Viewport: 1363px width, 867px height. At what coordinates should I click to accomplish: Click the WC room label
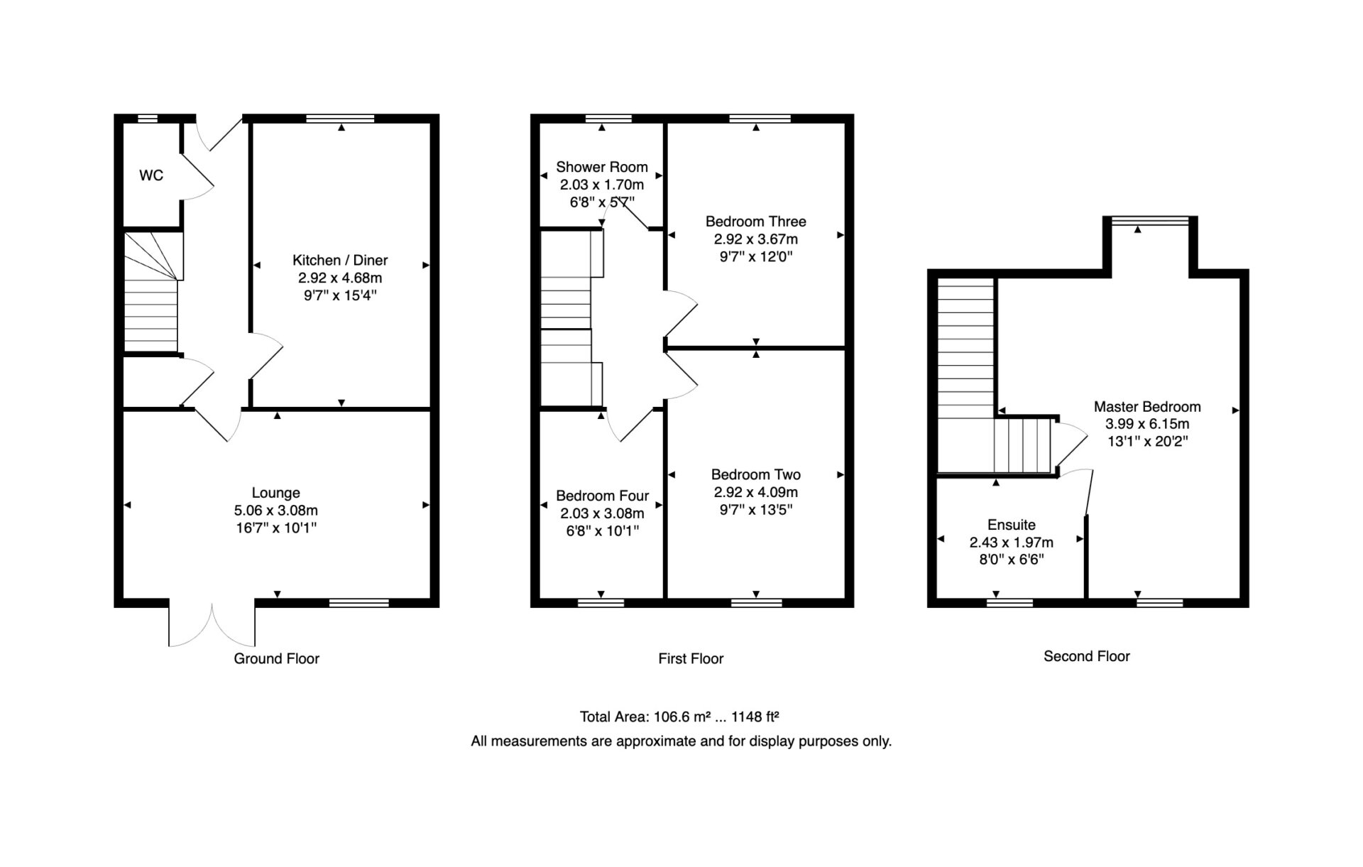click(x=151, y=175)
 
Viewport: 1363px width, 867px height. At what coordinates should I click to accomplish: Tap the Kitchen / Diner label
click(x=340, y=260)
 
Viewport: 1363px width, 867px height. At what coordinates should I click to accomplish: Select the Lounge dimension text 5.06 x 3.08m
click(x=276, y=510)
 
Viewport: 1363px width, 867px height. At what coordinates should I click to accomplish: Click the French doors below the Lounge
click(x=212, y=624)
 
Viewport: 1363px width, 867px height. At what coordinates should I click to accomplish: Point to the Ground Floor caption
click(x=277, y=658)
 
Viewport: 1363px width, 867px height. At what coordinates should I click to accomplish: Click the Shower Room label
click(x=602, y=167)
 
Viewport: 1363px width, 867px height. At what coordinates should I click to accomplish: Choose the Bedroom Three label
click(x=756, y=222)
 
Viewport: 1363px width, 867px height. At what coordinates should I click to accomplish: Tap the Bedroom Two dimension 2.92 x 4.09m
click(x=756, y=492)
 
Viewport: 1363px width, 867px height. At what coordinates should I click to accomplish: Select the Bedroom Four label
click(x=603, y=496)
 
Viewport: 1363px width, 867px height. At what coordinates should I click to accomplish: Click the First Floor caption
click(x=691, y=658)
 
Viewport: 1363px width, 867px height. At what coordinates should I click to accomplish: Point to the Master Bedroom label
click(x=1147, y=407)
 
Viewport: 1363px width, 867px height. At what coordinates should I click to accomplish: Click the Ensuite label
click(x=1012, y=525)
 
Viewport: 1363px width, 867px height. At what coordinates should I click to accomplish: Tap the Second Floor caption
click(x=1087, y=656)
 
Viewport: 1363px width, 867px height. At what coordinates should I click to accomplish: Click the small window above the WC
click(x=147, y=118)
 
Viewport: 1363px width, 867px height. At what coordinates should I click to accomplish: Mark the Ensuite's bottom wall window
click(x=1009, y=603)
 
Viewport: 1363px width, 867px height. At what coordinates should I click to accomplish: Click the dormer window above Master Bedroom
click(x=1149, y=221)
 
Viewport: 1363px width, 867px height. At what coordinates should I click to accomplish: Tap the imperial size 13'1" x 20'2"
click(x=1148, y=441)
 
